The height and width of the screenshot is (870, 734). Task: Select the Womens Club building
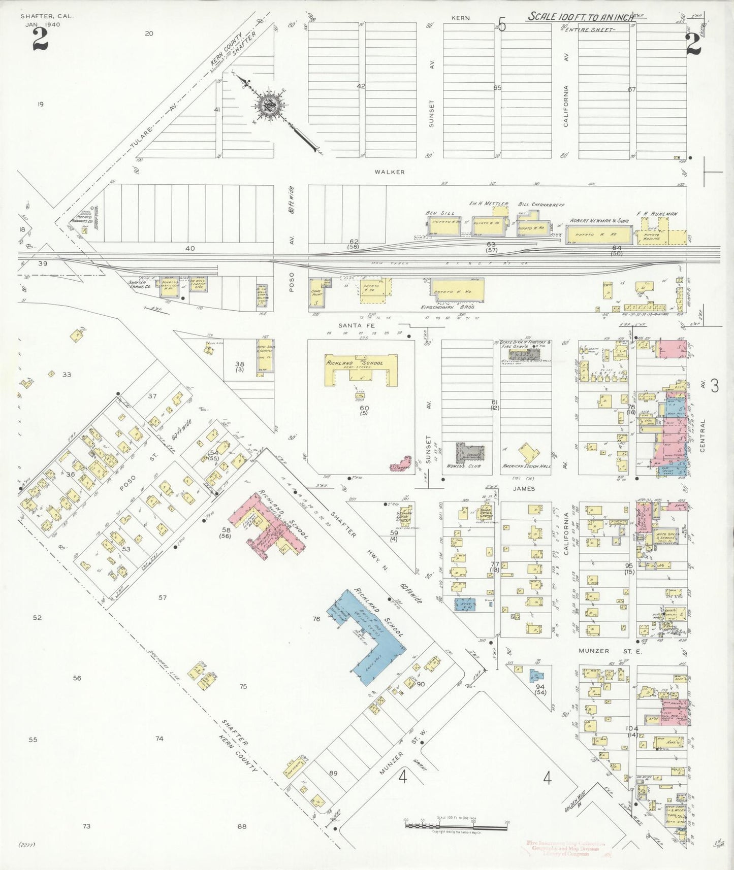pyautogui.click(x=470, y=452)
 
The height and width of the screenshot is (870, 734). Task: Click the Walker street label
pyautogui.click(x=390, y=172)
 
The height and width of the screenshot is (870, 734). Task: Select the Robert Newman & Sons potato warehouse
pyautogui.click(x=599, y=234)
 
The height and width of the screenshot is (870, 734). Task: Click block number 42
pyautogui.click(x=361, y=86)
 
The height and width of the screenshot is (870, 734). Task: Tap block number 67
pyautogui.click(x=632, y=89)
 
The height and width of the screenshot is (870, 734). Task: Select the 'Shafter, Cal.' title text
pyautogui.click(x=47, y=16)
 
